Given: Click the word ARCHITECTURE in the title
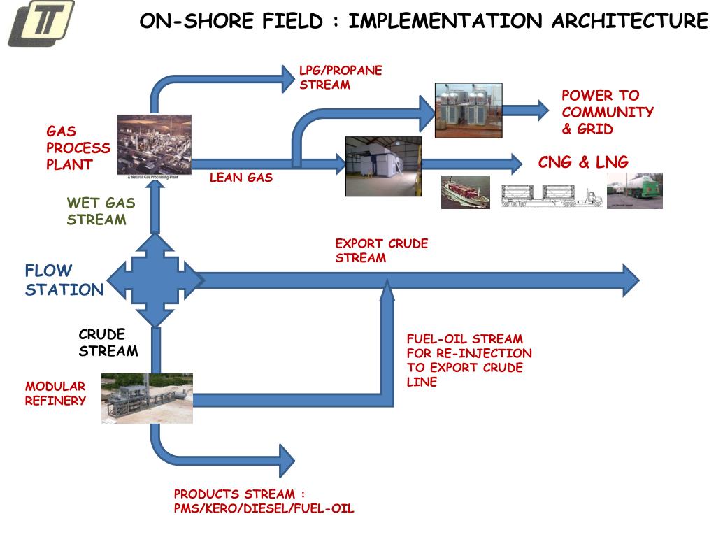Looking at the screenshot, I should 629,21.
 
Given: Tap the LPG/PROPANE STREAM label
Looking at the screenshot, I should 341,78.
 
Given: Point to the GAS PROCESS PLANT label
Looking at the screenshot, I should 78,148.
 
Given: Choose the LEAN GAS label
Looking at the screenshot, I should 241,178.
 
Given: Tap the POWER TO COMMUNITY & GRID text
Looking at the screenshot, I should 607,112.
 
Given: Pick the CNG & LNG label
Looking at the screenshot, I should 583,162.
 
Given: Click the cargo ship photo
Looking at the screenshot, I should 465,192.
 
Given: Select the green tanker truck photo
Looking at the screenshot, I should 634,191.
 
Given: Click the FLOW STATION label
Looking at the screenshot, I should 64,280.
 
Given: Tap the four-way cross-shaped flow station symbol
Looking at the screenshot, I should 153,280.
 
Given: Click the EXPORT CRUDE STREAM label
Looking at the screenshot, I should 381,250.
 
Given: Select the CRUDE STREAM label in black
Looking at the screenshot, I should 108,343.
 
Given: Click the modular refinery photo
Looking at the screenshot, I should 147,398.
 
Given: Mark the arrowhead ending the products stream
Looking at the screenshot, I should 287,461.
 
